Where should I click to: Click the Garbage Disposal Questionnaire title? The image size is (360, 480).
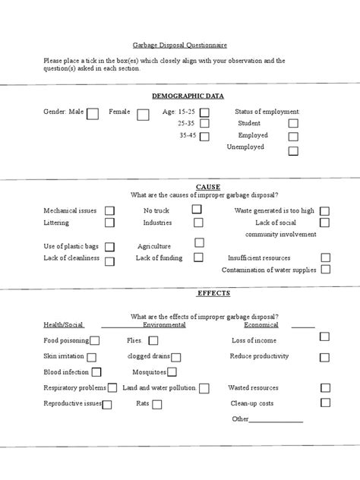179,45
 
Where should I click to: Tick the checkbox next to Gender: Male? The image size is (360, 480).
93,114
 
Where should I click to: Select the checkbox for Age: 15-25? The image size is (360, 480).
204,112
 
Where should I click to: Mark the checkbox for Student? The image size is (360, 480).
292,124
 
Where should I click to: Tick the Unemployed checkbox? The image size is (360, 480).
292,150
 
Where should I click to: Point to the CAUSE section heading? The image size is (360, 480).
207,186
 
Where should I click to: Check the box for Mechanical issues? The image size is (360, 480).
109,210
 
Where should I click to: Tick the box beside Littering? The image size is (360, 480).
109,223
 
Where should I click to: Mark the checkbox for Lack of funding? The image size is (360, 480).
198,257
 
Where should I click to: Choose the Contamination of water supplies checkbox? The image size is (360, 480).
325,270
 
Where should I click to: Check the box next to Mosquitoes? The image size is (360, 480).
172,372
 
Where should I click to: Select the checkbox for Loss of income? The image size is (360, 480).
324,336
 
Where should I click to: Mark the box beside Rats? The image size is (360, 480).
156,405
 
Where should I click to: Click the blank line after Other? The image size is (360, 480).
276,419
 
